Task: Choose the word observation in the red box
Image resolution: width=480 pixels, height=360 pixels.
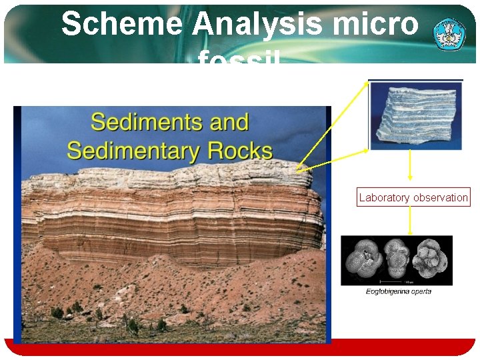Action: coord(441,197)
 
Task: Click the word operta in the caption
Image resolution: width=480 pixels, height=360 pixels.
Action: coord(422,291)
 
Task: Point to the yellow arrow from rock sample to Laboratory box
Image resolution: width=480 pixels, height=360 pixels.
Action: coord(409,165)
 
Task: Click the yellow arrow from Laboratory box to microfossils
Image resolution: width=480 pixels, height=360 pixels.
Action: coord(409,221)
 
